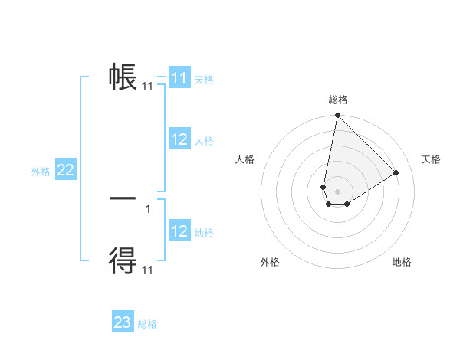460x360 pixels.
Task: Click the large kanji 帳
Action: pos(123,77)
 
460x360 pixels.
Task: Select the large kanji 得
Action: pos(123,260)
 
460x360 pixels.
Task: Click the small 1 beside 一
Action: pos(147,208)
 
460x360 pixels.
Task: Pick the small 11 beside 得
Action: pos(147,270)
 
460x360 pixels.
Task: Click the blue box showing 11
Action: pos(179,78)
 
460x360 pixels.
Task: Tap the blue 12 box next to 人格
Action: pos(179,139)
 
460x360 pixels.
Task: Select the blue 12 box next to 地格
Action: pos(179,231)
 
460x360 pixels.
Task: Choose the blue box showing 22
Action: pos(65,171)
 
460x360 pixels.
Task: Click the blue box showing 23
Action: pos(123,322)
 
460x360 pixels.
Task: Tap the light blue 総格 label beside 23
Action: pos(148,324)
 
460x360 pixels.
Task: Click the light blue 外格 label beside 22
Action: pos(41,172)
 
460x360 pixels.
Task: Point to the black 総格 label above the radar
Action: pos(338,100)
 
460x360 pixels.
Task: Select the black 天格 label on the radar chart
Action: pos(432,159)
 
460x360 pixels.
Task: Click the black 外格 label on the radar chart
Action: pos(270,262)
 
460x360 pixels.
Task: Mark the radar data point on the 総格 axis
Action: pos(337,116)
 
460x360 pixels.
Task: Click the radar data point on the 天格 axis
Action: pos(396,172)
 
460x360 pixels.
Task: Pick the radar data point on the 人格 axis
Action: pos(324,187)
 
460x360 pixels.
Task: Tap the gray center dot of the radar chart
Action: pos(337,191)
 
